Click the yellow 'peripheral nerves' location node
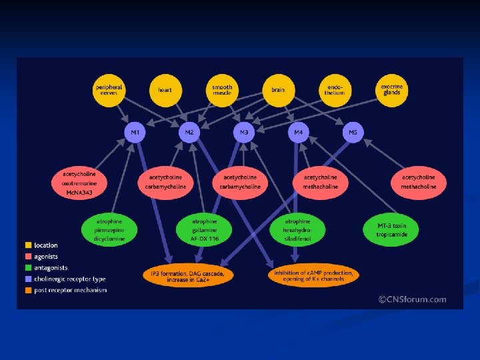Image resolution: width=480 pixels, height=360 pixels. pos(109,90)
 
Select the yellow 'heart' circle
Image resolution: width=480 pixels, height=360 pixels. pos(165,90)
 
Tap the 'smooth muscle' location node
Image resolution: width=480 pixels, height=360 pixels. pos(222,90)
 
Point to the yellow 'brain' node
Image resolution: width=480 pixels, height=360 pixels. pos(278,90)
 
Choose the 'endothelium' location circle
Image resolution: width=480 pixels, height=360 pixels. pos(335,90)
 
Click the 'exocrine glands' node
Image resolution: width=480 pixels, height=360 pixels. pos(391,90)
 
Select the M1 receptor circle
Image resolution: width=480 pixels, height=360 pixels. pos(135,133)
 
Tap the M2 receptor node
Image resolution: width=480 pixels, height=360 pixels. pos(189,133)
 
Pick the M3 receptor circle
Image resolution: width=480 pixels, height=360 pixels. pos(244,133)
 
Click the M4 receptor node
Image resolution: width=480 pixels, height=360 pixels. pos(298,133)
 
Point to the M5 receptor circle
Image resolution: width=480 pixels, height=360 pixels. pos(353,133)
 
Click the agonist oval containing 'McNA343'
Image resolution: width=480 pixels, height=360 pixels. pos(79,183)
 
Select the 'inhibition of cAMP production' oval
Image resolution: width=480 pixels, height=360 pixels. pos(314,274)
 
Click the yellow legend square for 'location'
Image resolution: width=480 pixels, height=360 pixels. pos(28,245)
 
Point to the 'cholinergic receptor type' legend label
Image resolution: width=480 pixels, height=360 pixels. pos(70,279)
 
